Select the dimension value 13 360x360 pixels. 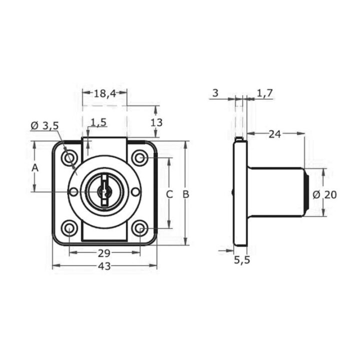(156, 122)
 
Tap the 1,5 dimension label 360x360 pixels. (98, 122)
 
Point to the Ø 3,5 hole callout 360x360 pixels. (45, 125)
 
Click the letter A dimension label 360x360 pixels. (35, 168)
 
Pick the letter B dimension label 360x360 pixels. (185, 194)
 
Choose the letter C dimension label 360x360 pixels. (169, 194)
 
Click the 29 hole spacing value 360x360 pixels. (104, 253)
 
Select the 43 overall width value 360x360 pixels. (104, 266)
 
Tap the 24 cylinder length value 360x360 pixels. (275, 134)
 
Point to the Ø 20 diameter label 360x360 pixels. (324, 195)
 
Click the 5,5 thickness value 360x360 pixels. (242, 260)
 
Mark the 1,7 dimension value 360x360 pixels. (264, 93)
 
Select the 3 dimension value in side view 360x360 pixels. (215, 93)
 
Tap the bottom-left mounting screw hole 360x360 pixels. (69, 228)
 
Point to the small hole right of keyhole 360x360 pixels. (135, 191)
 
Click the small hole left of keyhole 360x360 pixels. (73, 191)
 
